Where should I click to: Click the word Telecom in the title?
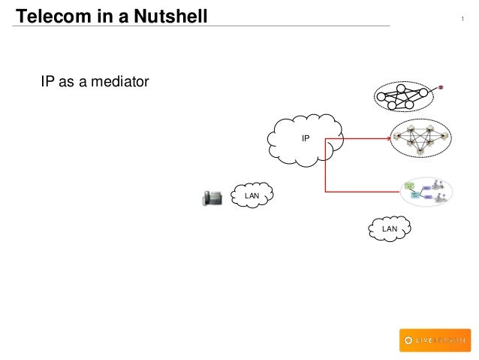point(48,15)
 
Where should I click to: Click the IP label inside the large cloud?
point(306,138)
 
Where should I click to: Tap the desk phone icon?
point(212,197)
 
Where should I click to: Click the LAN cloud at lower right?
point(389,228)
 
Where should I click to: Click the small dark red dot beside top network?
point(441,87)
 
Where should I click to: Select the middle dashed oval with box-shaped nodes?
point(420,138)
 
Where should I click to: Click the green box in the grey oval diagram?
point(410,184)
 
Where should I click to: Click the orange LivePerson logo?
point(435,340)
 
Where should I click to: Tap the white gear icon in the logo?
point(408,340)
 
